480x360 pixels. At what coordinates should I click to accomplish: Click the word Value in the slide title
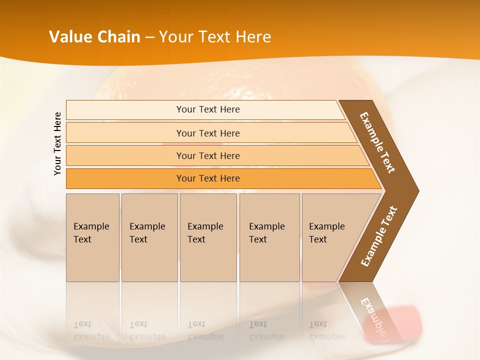pos(70,37)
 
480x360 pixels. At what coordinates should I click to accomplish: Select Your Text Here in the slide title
pos(215,37)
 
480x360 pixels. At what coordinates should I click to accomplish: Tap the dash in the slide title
pos(149,37)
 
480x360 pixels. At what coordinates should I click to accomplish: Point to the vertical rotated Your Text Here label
pos(57,144)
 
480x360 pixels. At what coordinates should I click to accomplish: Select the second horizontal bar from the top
pos(207,133)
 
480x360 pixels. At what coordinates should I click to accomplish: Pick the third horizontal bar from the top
pos(207,155)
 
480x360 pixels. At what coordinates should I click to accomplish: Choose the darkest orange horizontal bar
pos(207,178)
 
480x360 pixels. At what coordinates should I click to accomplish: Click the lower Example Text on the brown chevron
pos(379,236)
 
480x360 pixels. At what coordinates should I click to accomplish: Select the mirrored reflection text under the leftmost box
pos(91,330)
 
